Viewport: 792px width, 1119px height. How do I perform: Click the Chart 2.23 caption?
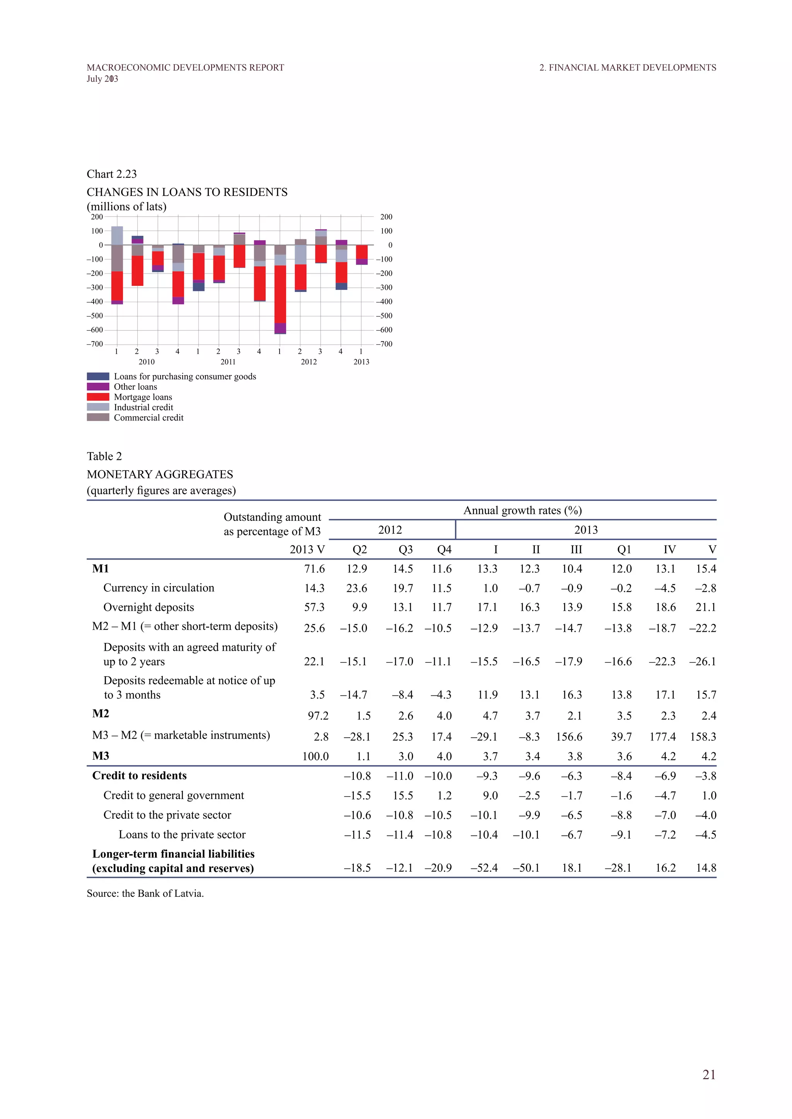[x=112, y=174]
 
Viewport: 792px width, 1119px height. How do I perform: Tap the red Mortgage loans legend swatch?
[x=98, y=397]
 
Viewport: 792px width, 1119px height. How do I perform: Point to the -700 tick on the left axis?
[x=95, y=344]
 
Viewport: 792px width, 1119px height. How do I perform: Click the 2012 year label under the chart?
[x=309, y=362]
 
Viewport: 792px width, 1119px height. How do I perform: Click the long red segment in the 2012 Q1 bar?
[x=280, y=294]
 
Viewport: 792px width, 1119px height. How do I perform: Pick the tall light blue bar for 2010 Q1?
[x=117, y=235]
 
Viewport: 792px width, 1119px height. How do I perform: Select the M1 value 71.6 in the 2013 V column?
[x=314, y=569]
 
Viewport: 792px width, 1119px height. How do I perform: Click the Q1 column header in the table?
[x=624, y=550]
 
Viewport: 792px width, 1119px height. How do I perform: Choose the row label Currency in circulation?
[x=159, y=588]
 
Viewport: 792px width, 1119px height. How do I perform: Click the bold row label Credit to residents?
[x=140, y=775]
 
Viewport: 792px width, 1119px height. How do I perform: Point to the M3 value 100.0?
[x=315, y=757]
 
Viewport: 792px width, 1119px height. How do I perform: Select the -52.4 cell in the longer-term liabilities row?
[x=484, y=868]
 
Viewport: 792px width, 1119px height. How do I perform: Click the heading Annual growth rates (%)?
[x=522, y=510]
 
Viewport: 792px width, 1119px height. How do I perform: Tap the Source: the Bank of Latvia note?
[x=145, y=893]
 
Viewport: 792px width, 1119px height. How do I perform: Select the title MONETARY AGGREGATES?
[x=160, y=474]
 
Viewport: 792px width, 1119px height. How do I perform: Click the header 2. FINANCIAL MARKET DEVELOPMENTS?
[x=627, y=68]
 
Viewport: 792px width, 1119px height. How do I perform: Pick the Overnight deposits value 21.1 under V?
[x=706, y=607]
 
